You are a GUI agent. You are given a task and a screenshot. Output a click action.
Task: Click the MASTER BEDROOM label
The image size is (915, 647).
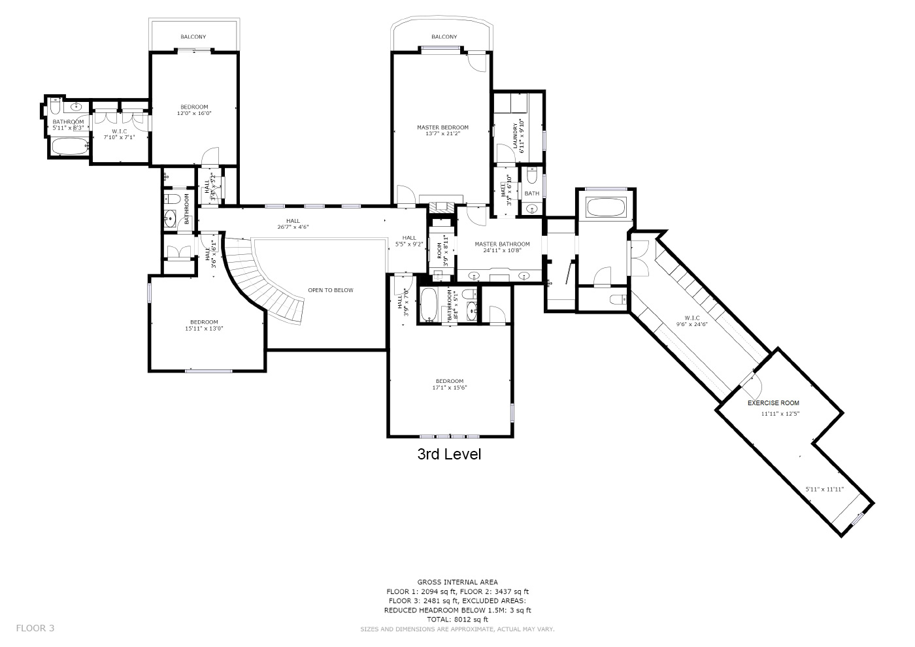[x=442, y=127]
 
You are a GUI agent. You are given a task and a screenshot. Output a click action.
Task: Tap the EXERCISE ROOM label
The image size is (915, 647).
[x=773, y=403]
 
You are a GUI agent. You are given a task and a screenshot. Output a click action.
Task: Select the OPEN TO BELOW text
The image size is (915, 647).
[x=331, y=290]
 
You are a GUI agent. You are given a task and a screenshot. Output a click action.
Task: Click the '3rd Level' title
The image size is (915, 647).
[x=449, y=454]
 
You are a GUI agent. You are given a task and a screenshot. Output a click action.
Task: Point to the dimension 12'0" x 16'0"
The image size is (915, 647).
[x=194, y=114]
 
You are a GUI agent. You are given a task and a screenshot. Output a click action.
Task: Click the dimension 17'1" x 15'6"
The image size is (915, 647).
[x=449, y=388]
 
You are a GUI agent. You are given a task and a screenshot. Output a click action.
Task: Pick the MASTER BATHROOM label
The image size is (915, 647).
[x=502, y=244]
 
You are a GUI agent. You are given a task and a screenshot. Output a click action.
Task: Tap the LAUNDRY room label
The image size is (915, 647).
[x=516, y=136]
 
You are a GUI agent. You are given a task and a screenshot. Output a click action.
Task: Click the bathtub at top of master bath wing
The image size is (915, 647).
[x=607, y=208]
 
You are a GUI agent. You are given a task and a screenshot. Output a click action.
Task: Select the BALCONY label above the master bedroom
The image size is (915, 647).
[x=444, y=37]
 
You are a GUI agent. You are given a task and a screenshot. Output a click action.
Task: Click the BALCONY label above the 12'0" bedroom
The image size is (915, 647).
[x=193, y=37]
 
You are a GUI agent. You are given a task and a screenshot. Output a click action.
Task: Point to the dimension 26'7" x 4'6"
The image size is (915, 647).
[x=292, y=227]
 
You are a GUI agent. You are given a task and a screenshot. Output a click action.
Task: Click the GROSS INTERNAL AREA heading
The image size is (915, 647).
[x=457, y=582]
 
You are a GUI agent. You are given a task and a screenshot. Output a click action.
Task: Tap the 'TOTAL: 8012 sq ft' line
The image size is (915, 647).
[x=457, y=619]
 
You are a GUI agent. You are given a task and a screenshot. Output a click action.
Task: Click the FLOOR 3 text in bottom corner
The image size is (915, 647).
[x=35, y=628]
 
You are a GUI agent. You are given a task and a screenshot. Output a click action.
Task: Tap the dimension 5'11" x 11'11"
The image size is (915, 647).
[x=824, y=489]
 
